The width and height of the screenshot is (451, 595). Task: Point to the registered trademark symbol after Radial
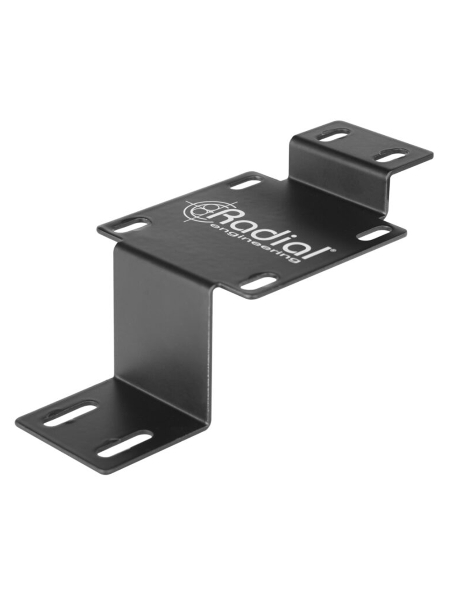(x=333, y=248)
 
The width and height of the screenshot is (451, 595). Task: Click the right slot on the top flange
(x=389, y=157)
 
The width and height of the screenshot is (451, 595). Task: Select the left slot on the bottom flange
(x=70, y=415)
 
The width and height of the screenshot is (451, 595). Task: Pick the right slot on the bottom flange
(x=124, y=444)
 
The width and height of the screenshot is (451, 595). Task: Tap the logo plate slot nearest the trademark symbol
(x=374, y=233)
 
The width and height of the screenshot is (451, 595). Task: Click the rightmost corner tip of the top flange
(x=432, y=155)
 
